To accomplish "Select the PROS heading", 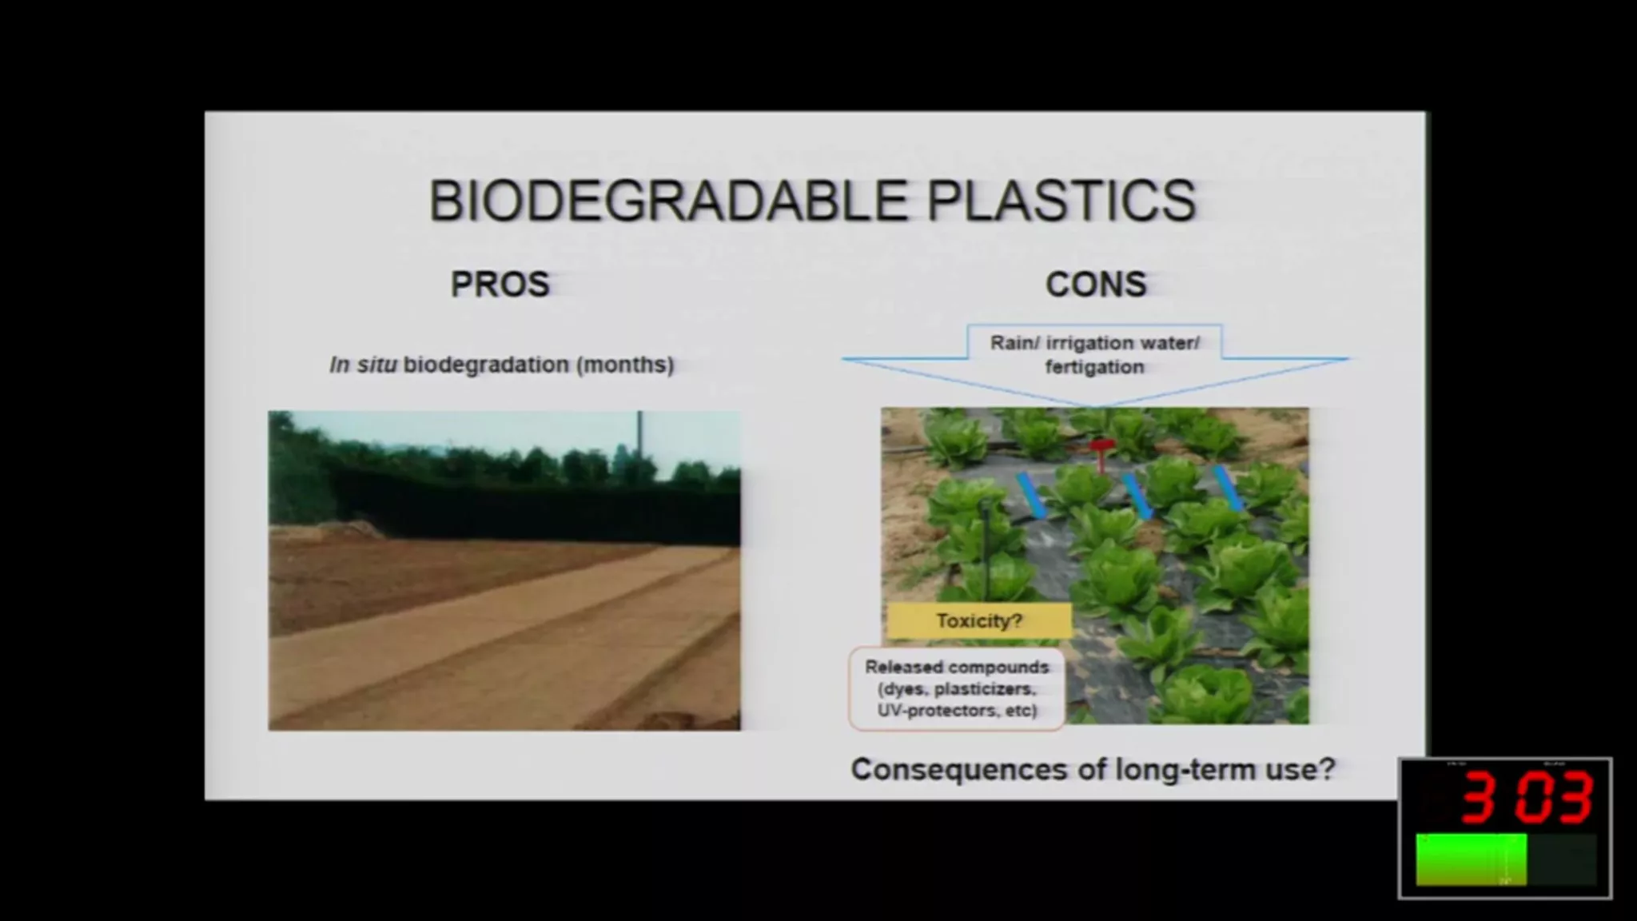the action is tap(500, 284).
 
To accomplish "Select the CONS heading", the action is tap(1096, 284).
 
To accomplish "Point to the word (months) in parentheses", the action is tap(625, 365).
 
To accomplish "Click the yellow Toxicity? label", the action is tap(979, 621).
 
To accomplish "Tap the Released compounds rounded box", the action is tap(957, 688).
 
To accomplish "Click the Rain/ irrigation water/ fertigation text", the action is tap(1095, 354).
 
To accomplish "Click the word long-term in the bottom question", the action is tap(1182, 770).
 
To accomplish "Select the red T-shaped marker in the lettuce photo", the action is tap(1101, 454).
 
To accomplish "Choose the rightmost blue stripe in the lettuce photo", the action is tap(1229, 488).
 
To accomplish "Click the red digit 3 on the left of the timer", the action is tap(1480, 797).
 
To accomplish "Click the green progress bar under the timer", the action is tap(1472, 859).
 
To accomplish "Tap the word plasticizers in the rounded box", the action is tap(986, 689).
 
